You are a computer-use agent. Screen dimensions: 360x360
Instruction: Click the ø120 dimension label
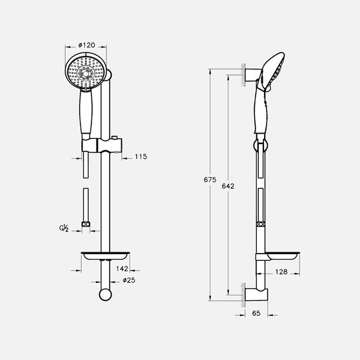pos(86,45)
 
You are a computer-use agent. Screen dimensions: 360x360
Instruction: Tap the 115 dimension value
pos(141,156)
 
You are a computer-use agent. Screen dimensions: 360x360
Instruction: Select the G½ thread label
pos(64,228)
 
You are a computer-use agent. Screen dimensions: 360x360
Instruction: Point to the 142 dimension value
pos(122,269)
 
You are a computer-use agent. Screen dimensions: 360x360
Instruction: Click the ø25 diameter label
pos(129,280)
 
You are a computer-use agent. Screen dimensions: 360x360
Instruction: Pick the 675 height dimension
pos(210,180)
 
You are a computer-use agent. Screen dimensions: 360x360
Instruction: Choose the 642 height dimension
pos(228,186)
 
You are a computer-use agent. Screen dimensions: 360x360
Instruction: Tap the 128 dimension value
pos(282,272)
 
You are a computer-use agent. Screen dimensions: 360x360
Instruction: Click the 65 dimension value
pos(256,313)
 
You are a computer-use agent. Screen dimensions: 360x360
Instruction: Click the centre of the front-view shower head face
pos(86,73)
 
